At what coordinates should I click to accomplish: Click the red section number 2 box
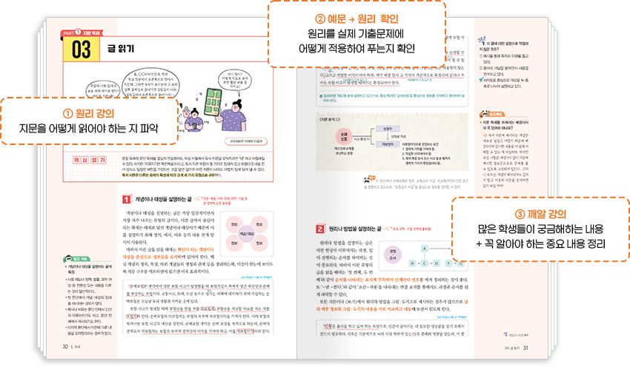tap(320, 229)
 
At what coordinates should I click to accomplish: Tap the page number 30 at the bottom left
tap(65, 345)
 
